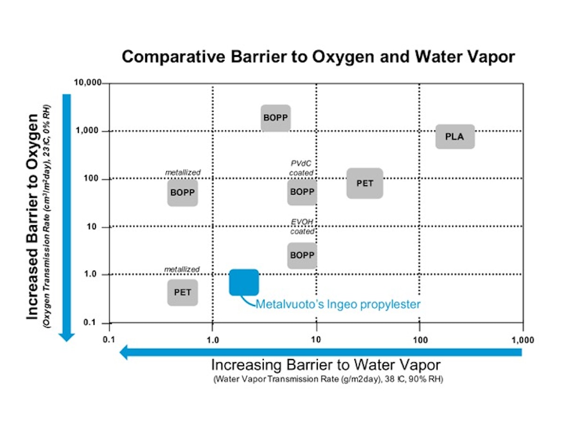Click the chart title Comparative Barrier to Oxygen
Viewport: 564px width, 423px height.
click(x=318, y=57)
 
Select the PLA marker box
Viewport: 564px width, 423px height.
click(x=454, y=137)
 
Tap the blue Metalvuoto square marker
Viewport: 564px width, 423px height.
click(x=244, y=282)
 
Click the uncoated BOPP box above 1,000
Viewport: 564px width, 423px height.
click(x=275, y=117)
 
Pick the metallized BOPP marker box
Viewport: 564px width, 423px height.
click(x=182, y=192)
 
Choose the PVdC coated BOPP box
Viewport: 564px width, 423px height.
click(x=302, y=192)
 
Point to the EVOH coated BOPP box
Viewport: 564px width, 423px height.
click(x=302, y=255)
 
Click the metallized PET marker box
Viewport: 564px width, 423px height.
click(x=182, y=292)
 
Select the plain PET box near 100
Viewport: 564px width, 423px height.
click(x=365, y=183)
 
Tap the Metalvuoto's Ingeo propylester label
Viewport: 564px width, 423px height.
click(x=337, y=304)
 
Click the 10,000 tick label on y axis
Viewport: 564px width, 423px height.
click(x=88, y=83)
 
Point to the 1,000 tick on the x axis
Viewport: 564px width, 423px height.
click(x=522, y=340)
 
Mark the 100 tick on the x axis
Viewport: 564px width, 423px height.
click(x=419, y=340)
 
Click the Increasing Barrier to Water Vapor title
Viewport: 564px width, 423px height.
click(x=325, y=365)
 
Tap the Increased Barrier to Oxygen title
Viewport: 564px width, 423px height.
click(x=32, y=216)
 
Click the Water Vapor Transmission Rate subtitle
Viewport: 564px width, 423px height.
click(x=328, y=379)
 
